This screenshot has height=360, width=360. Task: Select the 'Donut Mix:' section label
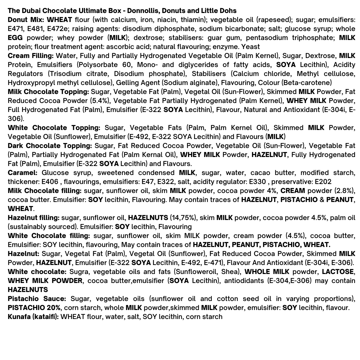(x=26, y=20)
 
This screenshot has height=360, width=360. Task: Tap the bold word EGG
(x=15, y=38)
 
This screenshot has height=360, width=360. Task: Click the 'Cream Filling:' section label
(x=30, y=56)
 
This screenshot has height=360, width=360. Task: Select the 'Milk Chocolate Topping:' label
(x=48, y=92)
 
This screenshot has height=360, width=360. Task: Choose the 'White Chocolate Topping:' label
(x=54, y=128)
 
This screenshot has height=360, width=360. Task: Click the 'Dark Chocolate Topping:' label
(x=50, y=146)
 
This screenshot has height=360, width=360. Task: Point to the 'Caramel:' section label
(x=22, y=173)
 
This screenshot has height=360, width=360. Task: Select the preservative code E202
(x=323, y=182)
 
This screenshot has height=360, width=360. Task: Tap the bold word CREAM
(x=292, y=191)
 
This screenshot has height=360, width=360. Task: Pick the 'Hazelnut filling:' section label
(x=33, y=218)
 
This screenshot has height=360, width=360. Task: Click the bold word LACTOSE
(x=337, y=272)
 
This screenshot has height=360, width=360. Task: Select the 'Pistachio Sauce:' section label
(x=37, y=299)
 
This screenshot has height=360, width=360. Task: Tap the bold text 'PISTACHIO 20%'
(x=34, y=308)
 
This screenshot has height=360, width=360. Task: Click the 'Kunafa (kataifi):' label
(x=33, y=317)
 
